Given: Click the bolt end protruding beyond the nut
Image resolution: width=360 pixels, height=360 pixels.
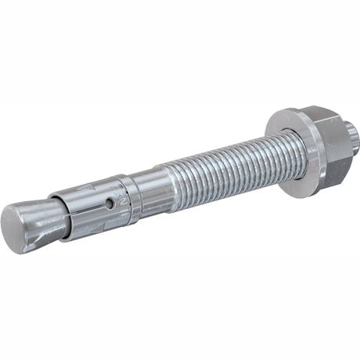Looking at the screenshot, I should (351, 139).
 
